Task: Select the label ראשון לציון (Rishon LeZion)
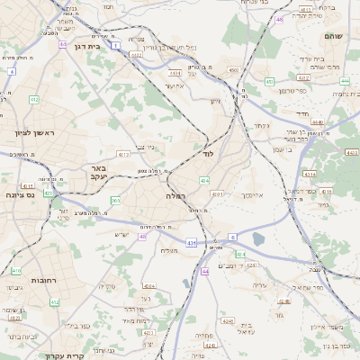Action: click(35, 133)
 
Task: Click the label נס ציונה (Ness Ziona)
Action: click(19, 194)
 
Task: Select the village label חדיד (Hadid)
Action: click(301, 113)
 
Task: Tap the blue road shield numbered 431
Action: click(191, 243)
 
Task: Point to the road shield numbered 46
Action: click(280, 18)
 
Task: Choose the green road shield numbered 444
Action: click(346, 80)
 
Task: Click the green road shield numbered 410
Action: click(16, 270)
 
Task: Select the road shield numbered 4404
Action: click(148, 286)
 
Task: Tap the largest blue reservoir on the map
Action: click(259, 239)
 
